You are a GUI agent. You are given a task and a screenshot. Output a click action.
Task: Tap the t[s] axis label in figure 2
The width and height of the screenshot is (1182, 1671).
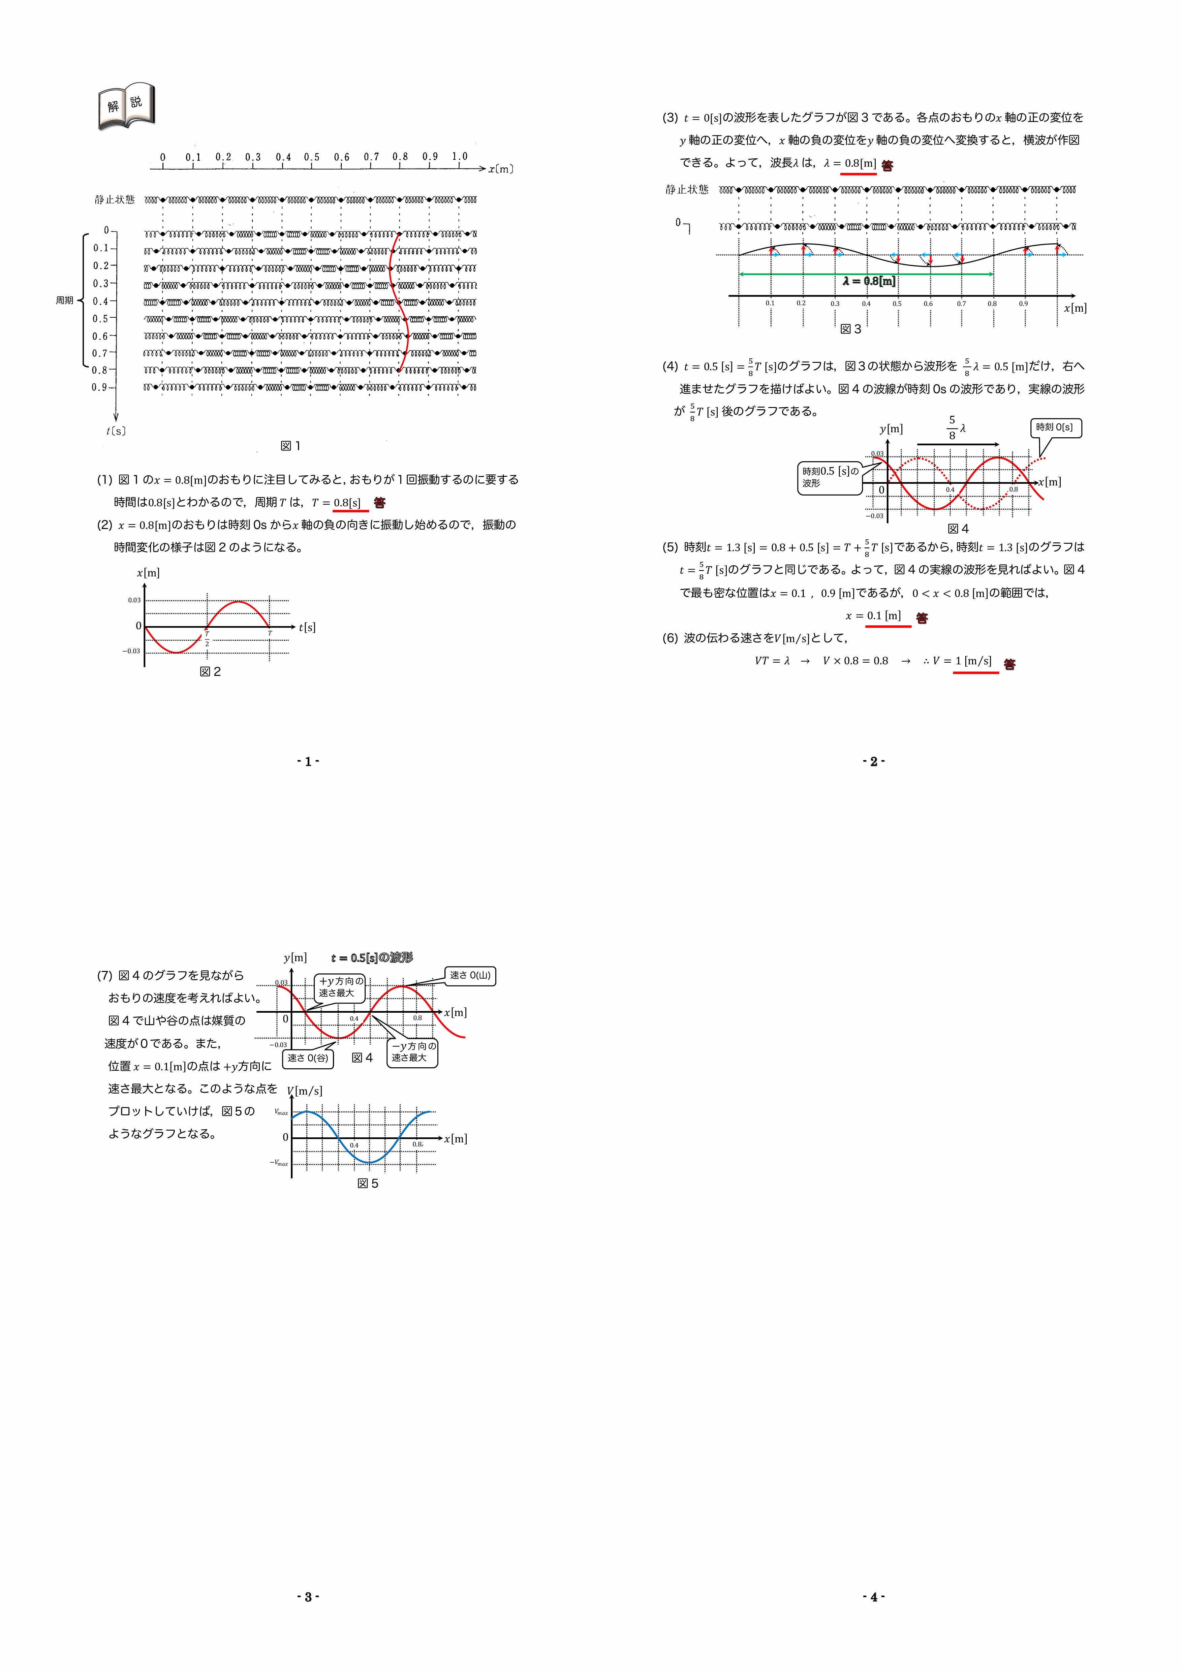(307, 627)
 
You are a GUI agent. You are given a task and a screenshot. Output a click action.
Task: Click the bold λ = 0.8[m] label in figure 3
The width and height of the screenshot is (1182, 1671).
(869, 281)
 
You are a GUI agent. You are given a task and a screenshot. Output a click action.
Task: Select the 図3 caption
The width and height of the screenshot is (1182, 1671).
(851, 329)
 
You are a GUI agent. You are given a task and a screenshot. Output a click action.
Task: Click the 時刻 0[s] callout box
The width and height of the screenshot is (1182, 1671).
(1055, 428)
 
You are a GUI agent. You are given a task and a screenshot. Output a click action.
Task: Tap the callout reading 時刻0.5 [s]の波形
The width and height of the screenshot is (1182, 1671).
(830, 477)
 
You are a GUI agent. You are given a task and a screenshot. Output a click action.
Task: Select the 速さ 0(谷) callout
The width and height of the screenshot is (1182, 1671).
(308, 1058)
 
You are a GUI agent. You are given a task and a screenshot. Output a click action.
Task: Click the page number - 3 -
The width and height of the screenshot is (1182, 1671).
(308, 1597)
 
